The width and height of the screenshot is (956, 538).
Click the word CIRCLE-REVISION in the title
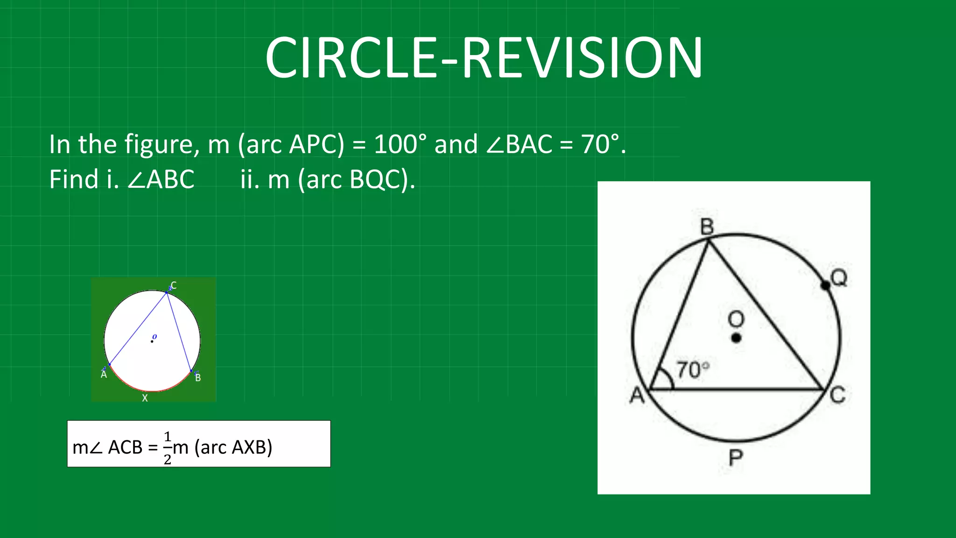point(484,58)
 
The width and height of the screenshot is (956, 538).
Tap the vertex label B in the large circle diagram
point(707,227)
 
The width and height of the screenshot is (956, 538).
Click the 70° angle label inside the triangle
point(693,370)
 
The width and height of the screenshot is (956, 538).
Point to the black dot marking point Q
point(825,285)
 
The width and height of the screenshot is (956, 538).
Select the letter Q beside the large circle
point(839,278)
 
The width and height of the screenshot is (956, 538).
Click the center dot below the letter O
point(736,338)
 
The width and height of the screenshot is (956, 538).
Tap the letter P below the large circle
point(736,458)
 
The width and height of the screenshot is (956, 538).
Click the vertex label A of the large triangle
point(637,396)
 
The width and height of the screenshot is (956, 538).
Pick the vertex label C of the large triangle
point(838,395)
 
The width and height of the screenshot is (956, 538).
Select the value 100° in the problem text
point(400,144)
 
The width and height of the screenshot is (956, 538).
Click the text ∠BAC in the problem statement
point(519,144)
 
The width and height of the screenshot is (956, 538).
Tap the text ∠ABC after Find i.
point(161,179)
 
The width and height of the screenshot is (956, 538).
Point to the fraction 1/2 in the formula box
point(168,448)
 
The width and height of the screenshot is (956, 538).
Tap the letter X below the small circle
point(145,398)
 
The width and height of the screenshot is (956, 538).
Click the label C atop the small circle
point(174,285)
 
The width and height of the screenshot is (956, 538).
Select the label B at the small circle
point(198,377)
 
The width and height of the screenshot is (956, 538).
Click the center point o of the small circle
point(152,341)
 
